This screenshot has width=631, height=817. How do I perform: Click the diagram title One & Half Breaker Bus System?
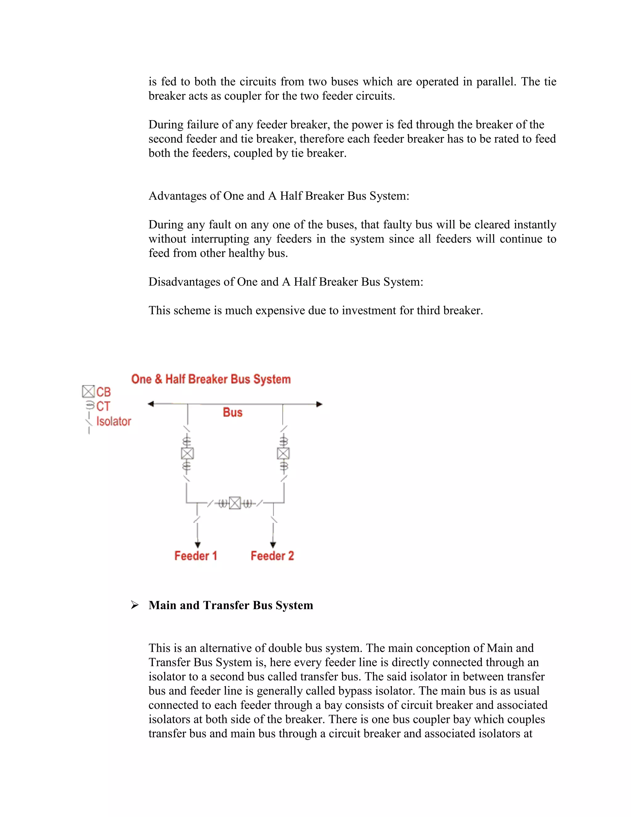point(211,379)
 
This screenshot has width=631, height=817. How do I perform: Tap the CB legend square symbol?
point(88,392)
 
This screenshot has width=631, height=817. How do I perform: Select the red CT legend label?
point(103,406)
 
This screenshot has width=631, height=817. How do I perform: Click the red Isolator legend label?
point(114,421)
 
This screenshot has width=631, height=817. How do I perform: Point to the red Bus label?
point(233,412)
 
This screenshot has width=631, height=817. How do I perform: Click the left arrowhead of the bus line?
point(151,404)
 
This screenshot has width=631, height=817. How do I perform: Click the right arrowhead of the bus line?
point(319,404)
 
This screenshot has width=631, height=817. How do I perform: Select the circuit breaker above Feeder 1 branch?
point(187,454)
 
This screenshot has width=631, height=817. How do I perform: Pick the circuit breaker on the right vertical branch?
point(283,454)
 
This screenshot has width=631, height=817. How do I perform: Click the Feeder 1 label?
point(196,556)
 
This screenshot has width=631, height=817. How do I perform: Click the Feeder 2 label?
point(272,556)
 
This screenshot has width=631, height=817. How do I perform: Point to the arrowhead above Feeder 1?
point(197,545)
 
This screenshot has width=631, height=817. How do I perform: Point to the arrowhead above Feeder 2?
point(273,545)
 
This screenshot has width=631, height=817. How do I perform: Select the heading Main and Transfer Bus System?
point(231,605)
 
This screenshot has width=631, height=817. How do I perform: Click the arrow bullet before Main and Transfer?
point(135,605)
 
